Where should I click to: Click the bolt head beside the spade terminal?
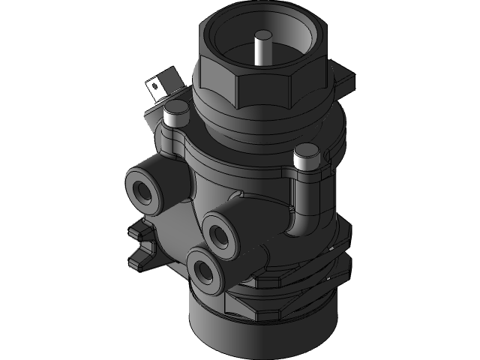[x=175, y=114]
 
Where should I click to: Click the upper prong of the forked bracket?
[x=138, y=229]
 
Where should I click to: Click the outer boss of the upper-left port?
[x=132, y=184]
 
